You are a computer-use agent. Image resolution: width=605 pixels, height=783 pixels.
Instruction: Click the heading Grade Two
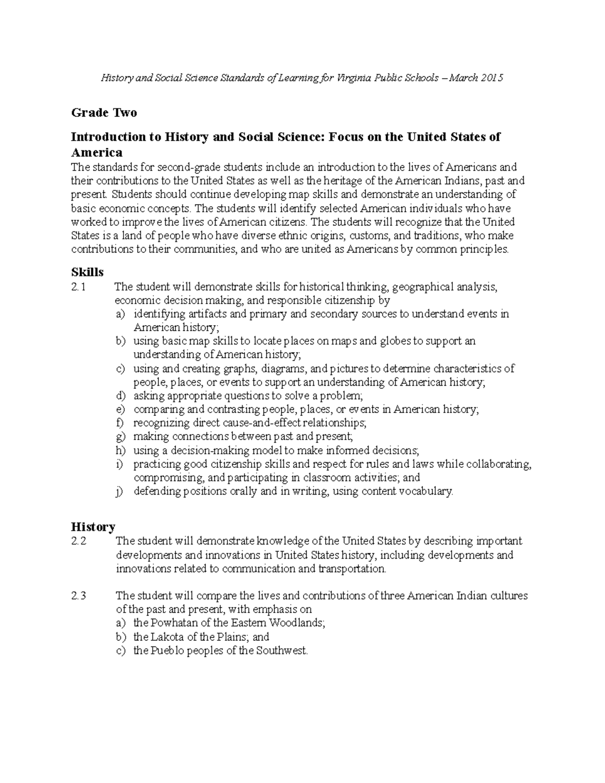pos(104,112)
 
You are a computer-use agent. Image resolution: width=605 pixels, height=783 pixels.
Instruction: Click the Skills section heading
pos(87,272)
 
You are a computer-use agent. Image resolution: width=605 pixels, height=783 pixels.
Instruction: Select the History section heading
pos(93,527)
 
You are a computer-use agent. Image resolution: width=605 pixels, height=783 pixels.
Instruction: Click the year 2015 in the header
pos(492,78)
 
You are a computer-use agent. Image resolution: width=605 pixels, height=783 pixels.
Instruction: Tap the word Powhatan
pos(173,623)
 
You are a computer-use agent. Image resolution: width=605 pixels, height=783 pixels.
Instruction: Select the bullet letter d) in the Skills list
pos(120,396)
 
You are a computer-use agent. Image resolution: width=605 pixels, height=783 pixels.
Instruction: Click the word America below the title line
pos(97,152)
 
